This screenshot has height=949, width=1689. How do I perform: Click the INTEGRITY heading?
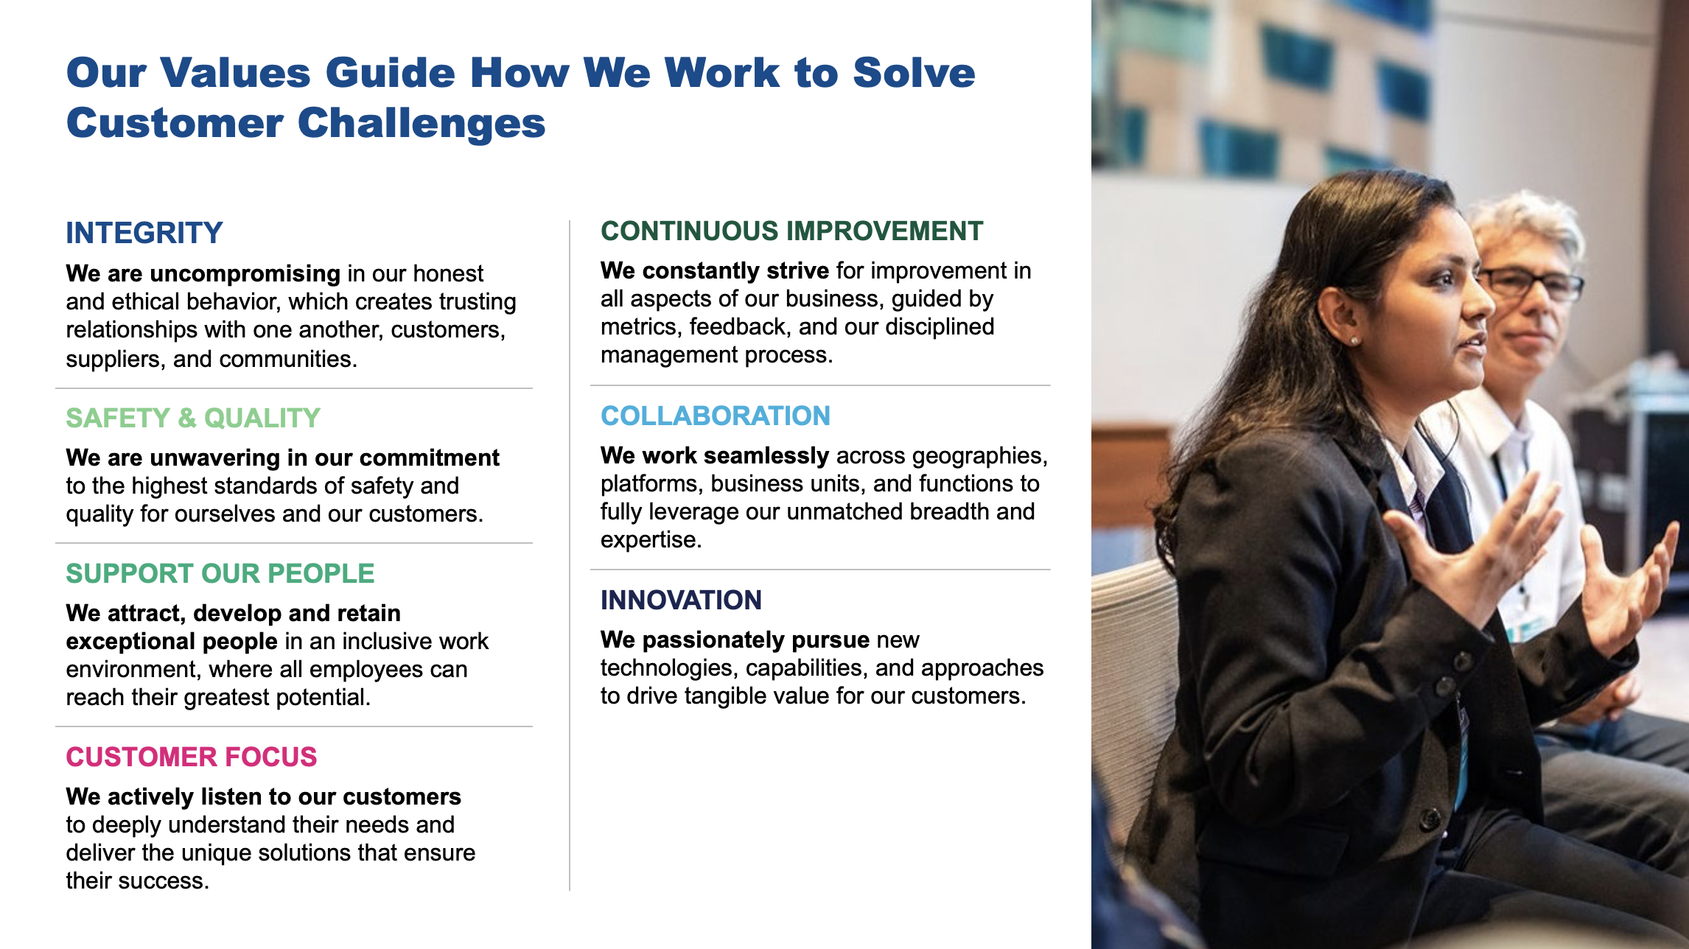(144, 233)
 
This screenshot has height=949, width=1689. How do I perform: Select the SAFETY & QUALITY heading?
(193, 418)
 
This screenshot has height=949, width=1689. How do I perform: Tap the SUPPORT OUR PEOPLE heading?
(220, 573)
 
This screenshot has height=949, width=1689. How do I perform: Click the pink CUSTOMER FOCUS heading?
(192, 757)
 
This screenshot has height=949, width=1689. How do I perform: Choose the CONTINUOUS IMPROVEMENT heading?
(791, 231)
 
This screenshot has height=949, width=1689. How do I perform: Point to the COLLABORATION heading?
(715, 416)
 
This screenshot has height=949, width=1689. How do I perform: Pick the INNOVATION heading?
(681, 600)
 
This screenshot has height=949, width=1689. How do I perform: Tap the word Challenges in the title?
(422, 123)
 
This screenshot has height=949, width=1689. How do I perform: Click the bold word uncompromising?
(245, 273)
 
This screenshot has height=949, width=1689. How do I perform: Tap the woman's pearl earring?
(1353, 340)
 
